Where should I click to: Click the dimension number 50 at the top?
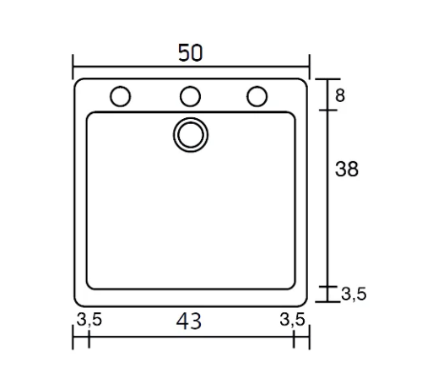point(190,52)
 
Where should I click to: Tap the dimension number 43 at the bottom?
point(189,321)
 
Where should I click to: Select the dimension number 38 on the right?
point(347,169)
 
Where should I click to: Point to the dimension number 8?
point(340,95)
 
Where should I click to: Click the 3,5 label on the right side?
point(354,294)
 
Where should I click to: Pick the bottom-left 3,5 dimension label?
point(89,320)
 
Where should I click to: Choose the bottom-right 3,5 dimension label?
point(292,320)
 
